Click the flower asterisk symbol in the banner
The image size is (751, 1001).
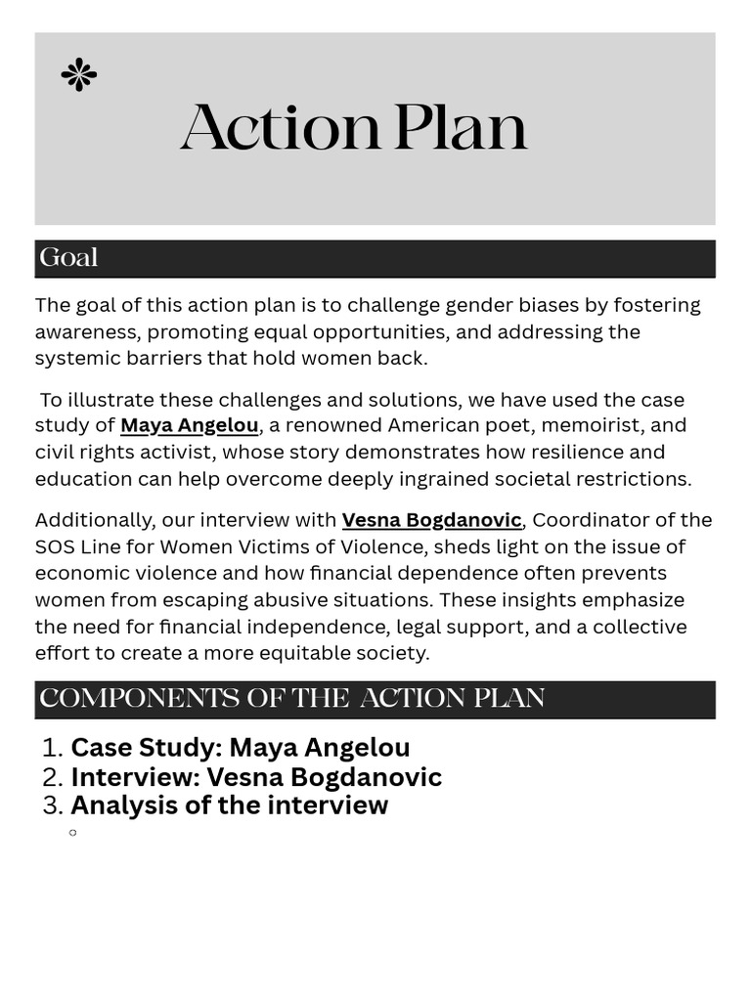(x=78, y=74)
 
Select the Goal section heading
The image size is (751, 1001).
(x=68, y=258)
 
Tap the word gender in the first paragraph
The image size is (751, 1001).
(x=478, y=305)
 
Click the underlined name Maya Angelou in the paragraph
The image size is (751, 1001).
(x=189, y=425)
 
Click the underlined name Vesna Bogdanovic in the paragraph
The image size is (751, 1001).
(x=431, y=520)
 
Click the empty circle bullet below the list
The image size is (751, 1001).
(x=72, y=833)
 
